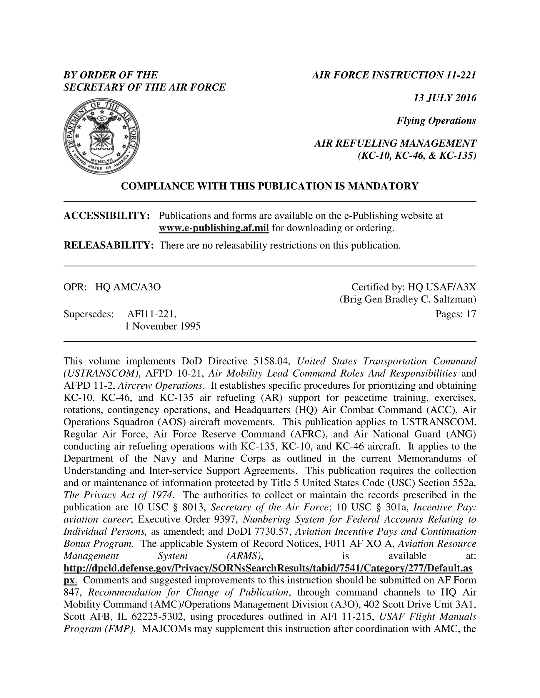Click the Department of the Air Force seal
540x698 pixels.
click(101, 136)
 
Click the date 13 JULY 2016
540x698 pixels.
click(445, 98)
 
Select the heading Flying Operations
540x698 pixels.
click(436, 121)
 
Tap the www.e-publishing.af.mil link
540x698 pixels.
click(214, 228)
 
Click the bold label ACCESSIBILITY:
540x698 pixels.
click(107, 216)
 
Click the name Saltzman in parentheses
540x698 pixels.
click(455, 299)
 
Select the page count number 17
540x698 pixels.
click(471, 314)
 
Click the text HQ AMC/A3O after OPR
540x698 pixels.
click(128, 287)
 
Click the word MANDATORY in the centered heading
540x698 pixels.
click(383, 186)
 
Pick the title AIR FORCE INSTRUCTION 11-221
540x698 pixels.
click(394, 75)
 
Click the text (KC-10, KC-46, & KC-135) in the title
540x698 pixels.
click(417, 156)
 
